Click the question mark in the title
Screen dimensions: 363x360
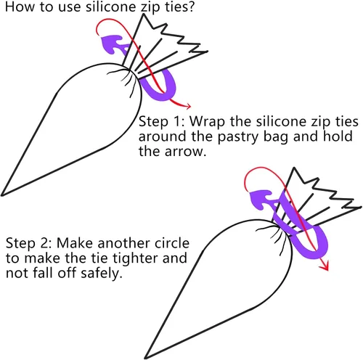pyautogui.click(x=190, y=7)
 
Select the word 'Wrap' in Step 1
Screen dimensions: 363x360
pyautogui.click(x=207, y=122)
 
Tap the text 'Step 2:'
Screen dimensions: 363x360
pyautogui.click(x=29, y=243)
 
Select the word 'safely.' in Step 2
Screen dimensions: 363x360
pyautogui.click(x=101, y=274)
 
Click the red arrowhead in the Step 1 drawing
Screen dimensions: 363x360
pyautogui.click(x=187, y=105)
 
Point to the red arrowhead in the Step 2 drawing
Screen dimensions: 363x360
pyautogui.click(x=325, y=266)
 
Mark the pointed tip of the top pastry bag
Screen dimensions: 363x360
pyautogui.click(x=2, y=195)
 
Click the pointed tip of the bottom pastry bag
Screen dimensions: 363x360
pyautogui.click(x=146, y=358)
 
